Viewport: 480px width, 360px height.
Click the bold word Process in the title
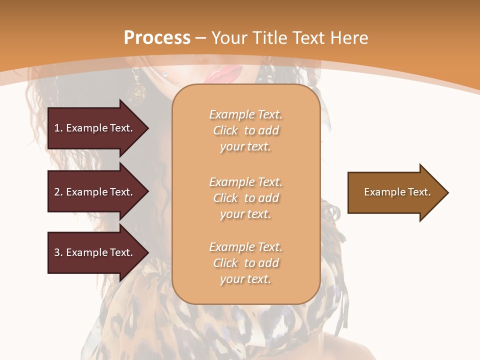(x=157, y=38)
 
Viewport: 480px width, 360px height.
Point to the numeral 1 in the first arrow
(x=57, y=128)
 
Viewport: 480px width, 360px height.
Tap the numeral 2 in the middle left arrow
(x=57, y=192)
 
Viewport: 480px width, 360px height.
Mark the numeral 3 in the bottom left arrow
(x=57, y=252)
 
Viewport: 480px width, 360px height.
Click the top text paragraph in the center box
(x=245, y=130)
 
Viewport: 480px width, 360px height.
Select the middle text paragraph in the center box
(x=245, y=198)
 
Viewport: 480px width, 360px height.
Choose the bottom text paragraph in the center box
(x=245, y=263)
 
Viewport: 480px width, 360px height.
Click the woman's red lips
(x=223, y=75)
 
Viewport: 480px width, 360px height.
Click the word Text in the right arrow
(x=419, y=192)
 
